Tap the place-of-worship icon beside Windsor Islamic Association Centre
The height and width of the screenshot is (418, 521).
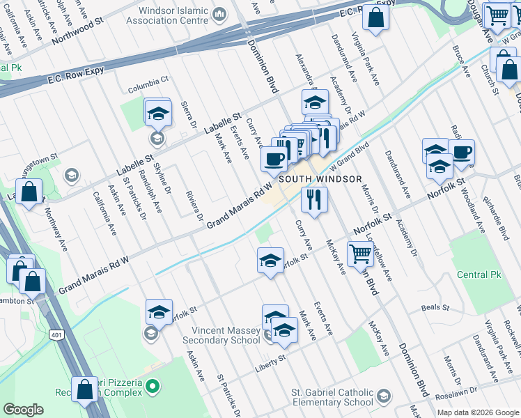click(x=220, y=13)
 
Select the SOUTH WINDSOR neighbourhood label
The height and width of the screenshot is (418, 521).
click(x=320, y=179)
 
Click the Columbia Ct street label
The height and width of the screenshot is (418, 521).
click(x=148, y=89)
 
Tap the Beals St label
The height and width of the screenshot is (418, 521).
click(x=435, y=307)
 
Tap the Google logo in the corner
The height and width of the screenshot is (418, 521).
click(x=23, y=410)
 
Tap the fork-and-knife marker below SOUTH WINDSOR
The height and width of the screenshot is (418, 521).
click(x=314, y=200)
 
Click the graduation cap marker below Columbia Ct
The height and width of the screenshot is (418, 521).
click(x=158, y=113)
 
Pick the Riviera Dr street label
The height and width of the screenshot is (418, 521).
click(x=193, y=203)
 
